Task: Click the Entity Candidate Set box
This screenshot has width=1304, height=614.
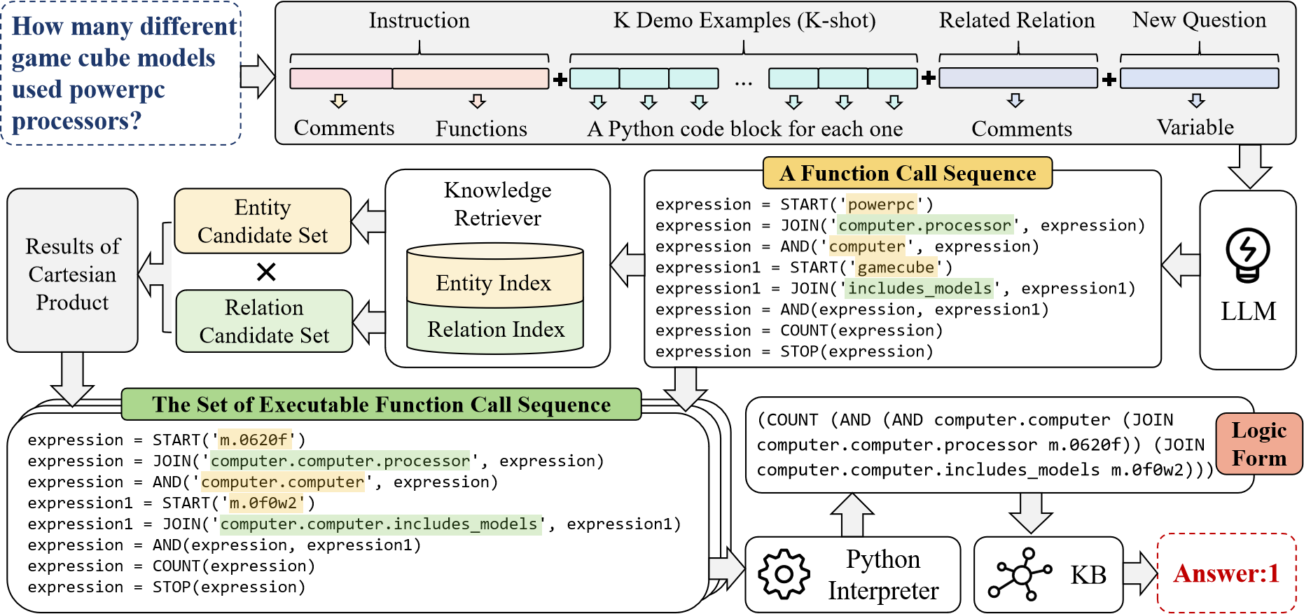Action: click(x=263, y=221)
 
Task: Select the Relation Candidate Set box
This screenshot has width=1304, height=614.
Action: click(x=264, y=321)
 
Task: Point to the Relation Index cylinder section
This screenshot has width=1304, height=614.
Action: click(x=495, y=329)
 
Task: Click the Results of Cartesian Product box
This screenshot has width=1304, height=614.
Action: click(x=72, y=274)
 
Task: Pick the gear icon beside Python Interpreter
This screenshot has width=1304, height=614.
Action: click(x=784, y=574)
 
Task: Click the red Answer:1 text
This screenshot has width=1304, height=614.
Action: click(x=1226, y=573)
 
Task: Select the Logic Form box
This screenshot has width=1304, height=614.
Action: click(x=1258, y=444)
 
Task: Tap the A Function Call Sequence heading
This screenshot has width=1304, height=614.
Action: click(x=907, y=173)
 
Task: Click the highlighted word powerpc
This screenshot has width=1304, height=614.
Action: click(x=881, y=204)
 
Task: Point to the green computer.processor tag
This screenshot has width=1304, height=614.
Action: click(x=924, y=225)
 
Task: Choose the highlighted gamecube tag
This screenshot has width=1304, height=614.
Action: click(x=896, y=267)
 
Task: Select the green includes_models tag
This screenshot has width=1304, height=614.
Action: click(x=919, y=288)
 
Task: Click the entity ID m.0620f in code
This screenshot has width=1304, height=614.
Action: click(x=254, y=440)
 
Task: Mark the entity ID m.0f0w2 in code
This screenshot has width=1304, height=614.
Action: click(x=263, y=503)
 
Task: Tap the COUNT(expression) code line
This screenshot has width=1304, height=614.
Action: click(x=172, y=566)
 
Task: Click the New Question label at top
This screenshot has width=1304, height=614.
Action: click(x=1199, y=20)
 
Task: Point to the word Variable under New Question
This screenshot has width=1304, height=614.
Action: click(x=1195, y=127)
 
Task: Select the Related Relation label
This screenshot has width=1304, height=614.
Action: click(x=1017, y=20)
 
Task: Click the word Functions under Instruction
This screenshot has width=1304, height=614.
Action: click(x=481, y=129)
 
